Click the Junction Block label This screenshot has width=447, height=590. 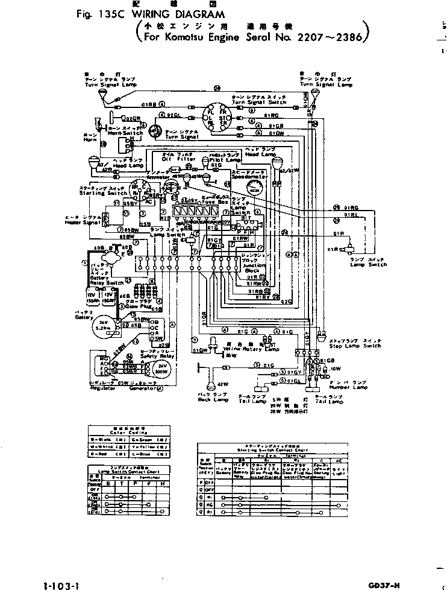[251, 267]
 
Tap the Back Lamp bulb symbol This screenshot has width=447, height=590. [211, 384]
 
